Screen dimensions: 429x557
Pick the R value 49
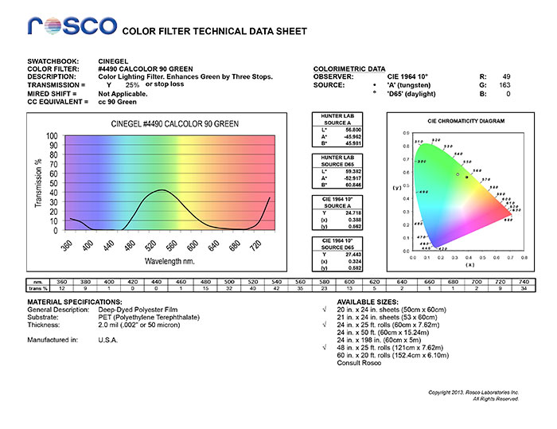click(x=506, y=76)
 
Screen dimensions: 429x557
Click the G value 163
click(x=504, y=84)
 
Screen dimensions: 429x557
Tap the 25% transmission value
click(x=132, y=84)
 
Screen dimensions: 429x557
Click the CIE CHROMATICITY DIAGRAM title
click(x=465, y=121)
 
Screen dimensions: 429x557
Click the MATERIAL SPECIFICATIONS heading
click(x=75, y=303)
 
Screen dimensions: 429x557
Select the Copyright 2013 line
click(x=473, y=392)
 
